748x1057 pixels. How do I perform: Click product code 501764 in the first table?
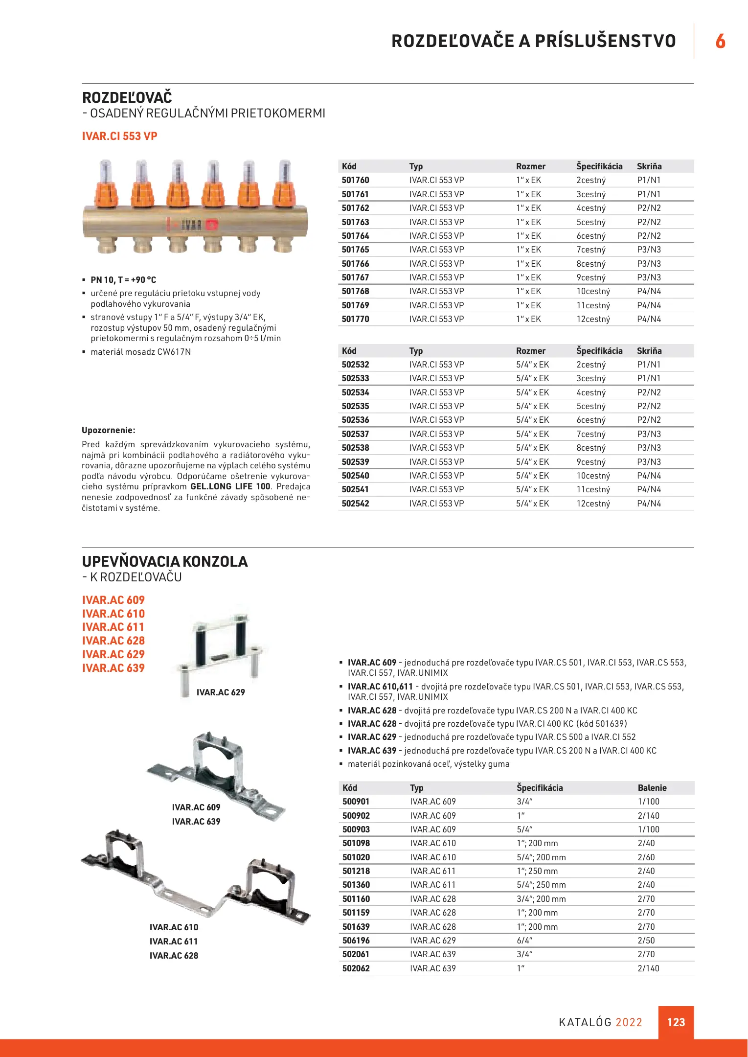[356, 236]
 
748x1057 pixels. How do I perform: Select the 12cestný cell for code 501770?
[593, 319]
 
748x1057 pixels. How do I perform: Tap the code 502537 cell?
[356, 434]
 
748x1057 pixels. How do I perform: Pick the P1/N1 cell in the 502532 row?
[649, 365]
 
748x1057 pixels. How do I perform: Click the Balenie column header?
[652, 788]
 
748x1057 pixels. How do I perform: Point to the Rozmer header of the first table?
[531, 166]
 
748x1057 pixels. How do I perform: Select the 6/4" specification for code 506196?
[524, 941]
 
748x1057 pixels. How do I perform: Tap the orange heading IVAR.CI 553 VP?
[120, 136]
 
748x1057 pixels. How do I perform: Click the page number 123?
[676, 1022]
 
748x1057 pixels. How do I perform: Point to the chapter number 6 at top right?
[720, 41]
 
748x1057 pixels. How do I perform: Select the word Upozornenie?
[109, 430]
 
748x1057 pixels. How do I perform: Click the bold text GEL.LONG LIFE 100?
[230, 486]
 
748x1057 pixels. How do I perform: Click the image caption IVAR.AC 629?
[221, 692]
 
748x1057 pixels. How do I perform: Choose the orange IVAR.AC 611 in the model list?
[113, 627]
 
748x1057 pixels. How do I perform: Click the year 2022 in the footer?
[629, 1022]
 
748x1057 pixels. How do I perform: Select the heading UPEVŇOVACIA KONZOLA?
[165, 561]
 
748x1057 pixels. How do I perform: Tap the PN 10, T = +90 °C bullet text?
[123, 280]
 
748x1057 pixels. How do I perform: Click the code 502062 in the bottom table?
[356, 968]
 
